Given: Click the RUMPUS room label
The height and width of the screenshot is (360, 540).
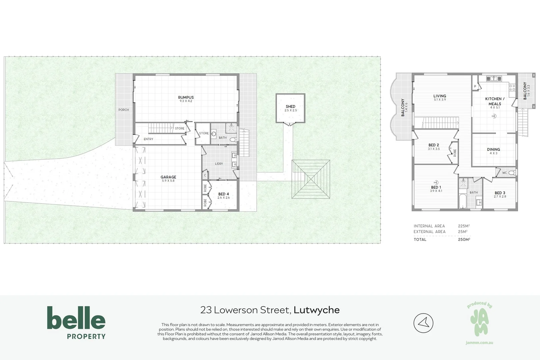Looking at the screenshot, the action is tap(186, 97).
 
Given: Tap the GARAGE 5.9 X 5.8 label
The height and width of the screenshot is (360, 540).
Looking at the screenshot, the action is tap(168, 179).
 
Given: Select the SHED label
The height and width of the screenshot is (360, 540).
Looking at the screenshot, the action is tap(290, 106).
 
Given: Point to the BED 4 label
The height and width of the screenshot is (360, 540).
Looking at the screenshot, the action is tap(223, 194).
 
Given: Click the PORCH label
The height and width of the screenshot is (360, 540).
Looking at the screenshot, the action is tap(124, 110).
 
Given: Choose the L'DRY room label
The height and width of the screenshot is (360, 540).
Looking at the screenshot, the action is tap(219, 164).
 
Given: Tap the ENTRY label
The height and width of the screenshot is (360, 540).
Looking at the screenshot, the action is tap(149, 139).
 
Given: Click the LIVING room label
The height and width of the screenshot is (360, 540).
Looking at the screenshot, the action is tap(440, 96).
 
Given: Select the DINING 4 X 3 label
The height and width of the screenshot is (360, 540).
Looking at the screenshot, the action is tap(493, 151).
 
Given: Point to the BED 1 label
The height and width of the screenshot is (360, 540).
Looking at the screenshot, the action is tap(436, 187).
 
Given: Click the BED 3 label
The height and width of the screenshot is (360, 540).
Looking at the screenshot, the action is tap(500, 193).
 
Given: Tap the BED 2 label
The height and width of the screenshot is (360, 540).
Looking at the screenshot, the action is tap(434, 145).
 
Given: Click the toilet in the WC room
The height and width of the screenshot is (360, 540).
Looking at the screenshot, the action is tap(512, 173).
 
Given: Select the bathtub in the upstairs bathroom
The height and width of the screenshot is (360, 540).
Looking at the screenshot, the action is tap(463, 201).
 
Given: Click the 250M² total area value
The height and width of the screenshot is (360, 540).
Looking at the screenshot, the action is tap(464, 239).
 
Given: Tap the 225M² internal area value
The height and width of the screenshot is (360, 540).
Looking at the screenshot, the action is tap(464, 226).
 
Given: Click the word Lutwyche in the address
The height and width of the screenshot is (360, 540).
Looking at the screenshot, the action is tap(317, 310).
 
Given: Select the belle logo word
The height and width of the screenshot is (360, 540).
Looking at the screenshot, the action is tap(76, 318).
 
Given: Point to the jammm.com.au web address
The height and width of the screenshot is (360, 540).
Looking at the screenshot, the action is tap(479, 343).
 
